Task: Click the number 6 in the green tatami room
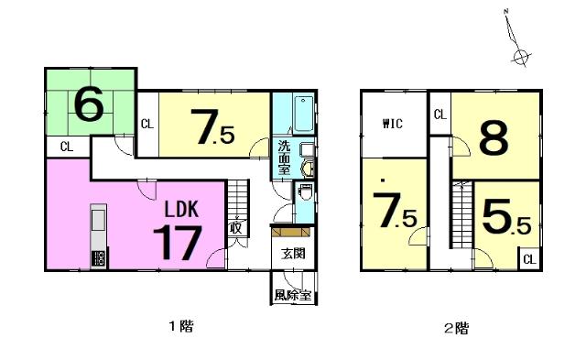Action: coord(89,104)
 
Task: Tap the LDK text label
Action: coord(181,210)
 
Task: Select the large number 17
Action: coord(178,243)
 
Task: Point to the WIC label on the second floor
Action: coord(393,124)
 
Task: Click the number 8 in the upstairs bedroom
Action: coord(494,138)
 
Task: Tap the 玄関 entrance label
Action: coord(293,254)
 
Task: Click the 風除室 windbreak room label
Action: coord(293,295)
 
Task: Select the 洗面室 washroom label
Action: coord(284,158)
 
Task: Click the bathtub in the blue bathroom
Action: coord(303,114)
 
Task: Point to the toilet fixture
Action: coord(305,191)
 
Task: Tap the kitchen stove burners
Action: coord(99,258)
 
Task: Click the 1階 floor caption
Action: coord(181,326)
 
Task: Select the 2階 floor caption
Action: coord(456,329)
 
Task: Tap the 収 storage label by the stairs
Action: coord(236,227)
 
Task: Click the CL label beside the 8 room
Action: coord(440,115)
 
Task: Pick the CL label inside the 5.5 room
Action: coord(529,259)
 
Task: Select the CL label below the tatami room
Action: coord(67,147)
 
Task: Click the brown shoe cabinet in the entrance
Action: coord(291,232)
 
